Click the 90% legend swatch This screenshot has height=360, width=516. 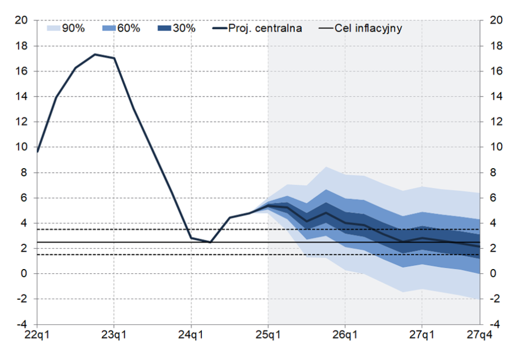[x=53, y=28]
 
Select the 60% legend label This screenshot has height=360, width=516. [x=128, y=28]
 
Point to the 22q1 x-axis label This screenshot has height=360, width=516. [x=37, y=335]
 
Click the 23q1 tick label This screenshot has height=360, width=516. [x=114, y=335]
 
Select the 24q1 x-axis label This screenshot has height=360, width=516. [x=191, y=335]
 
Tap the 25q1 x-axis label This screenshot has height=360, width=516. [x=268, y=335]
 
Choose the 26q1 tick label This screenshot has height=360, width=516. [x=345, y=335]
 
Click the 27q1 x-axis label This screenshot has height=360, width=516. [x=422, y=335]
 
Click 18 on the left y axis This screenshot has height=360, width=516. [x=21, y=46]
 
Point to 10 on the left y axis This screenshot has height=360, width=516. [x=21, y=147]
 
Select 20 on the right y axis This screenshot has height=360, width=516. [x=496, y=20]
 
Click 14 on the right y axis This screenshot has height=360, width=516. [x=496, y=96]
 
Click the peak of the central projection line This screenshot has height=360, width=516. [x=95, y=54]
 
